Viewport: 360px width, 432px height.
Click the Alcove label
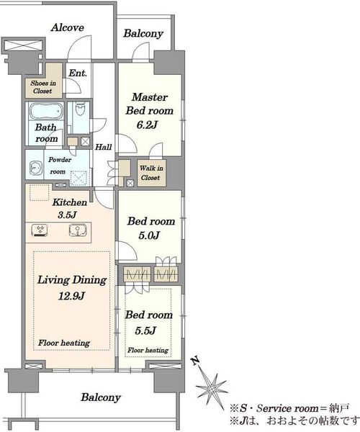[68, 27]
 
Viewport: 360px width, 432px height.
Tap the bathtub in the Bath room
[45, 112]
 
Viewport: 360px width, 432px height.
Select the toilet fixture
[81, 109]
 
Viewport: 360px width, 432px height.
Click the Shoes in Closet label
[43, 87]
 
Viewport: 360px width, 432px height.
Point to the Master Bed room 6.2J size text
[147, 125]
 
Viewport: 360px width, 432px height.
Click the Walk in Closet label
[151, 173]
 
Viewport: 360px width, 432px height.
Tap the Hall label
[104, 147]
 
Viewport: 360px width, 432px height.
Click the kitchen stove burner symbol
[40, 230]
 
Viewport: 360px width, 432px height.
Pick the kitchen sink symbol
[78, 230]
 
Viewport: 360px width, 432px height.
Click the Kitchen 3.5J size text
[67, 215]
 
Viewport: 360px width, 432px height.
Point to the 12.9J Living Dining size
[71, 296]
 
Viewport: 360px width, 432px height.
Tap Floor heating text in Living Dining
[64, 343]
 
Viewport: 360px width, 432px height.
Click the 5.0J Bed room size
[149, 235]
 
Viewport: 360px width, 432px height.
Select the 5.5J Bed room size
[145, 330]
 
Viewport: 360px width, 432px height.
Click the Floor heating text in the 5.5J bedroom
[148, 350]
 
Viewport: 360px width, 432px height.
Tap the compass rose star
[211, 389]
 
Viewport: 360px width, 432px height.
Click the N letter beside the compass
[196, 360]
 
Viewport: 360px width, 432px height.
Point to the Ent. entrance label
[78, 73]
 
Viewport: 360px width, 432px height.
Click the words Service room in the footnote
[287, 408]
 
